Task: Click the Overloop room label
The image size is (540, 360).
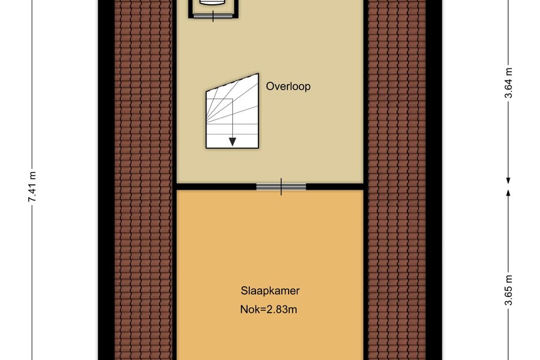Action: pyautogui.click(x=288, y=86)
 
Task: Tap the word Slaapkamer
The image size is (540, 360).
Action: pyautogui.click(x=270, y=291)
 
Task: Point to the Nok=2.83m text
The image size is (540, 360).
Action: pyautogui.click(x=269, y=310)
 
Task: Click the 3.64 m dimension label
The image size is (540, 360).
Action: pyautogui.click(x=509, y=83)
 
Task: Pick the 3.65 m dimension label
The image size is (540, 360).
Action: pyautogui.click(x=509, y=290)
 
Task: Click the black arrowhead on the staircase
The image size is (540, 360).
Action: pyautogui.click(x=232, y=142)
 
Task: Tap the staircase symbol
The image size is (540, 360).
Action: pyautogui.click(x=232, y=111)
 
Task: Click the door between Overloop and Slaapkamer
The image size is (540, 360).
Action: pyautogui.click(x=281, y=187)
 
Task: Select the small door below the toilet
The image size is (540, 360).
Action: pyautogui.click(x=213, y=16)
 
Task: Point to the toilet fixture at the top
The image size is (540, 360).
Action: pyautogui.click(x=214, y=3)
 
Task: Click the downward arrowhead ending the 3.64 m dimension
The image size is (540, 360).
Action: pyautogui.click(x=508, y=180)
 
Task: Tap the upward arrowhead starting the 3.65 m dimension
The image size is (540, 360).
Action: pyautogui.click(x=508, y=193)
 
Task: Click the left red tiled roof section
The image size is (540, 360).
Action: pyautogui.click(x=143, y=180)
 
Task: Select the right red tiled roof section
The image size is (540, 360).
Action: pyautogui.click(x=397, y=180)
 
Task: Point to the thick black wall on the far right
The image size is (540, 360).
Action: pyautogui.click(x=434, y=180)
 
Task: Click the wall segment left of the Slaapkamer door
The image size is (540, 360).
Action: pyautogui.click(x=216, y=187)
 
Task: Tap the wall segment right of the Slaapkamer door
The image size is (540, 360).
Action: pyautogui.click(x=335, y=187)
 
